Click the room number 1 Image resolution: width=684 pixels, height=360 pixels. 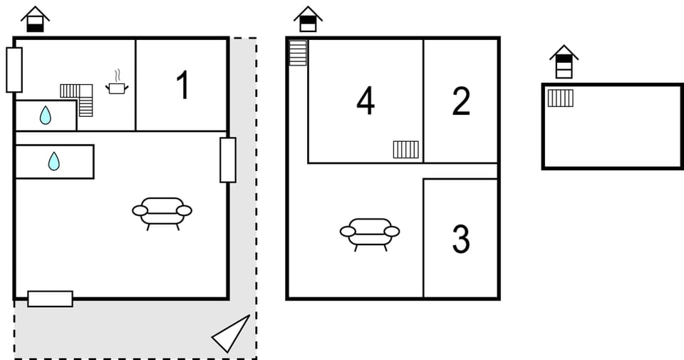click(182, 86)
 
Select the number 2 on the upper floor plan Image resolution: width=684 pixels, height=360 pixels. click(461, 101)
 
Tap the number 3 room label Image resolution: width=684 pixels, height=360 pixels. click(461, 240)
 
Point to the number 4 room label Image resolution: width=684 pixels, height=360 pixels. click(366, 101)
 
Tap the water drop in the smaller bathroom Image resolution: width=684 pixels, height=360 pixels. click(46, 115)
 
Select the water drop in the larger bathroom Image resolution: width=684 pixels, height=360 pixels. click(54, 162)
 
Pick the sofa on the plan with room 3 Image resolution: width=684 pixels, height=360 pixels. click(369, 233)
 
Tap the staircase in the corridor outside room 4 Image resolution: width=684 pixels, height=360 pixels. click(298, 53)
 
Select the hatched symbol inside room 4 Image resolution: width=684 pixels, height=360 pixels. click(405, 149)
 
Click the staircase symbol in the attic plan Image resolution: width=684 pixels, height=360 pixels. click(560, 98)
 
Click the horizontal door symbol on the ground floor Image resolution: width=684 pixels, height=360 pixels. click(50, 299)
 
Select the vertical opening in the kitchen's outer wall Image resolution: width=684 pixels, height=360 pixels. click(14, 70)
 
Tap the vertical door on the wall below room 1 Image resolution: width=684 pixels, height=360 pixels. click(227, 160)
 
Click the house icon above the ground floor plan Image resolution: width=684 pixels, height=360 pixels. click(35, 19)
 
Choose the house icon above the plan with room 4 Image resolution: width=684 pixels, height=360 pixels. click(308, 19)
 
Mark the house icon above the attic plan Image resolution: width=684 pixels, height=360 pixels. click(564, 62)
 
